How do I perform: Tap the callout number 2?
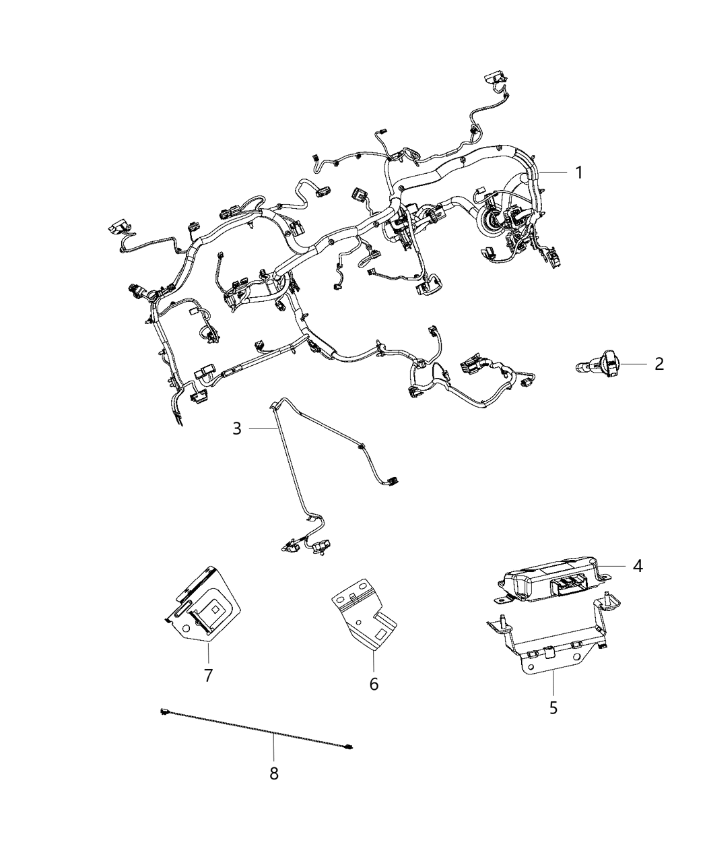coord(659,364)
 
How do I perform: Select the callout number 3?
coord(237,428)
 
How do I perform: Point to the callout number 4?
coord(637,566)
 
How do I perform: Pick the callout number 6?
coord(374,684)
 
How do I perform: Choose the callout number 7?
coord(208,675)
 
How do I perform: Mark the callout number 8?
coord(274,774)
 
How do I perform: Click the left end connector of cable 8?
coord(164,711)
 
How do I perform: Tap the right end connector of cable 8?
coord(349,746)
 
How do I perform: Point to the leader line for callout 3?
coord(259,428)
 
